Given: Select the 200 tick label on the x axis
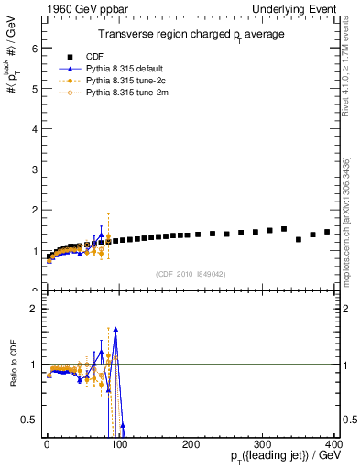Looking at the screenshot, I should click(191, 443).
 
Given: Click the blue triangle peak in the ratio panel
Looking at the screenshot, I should click(115, 329).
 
